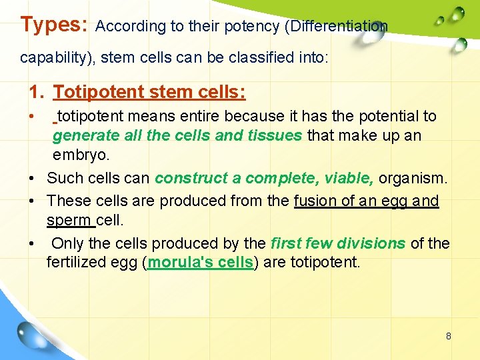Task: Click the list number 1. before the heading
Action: coord(37,91)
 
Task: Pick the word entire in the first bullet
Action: coord(201,116)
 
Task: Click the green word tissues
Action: coord(275,136)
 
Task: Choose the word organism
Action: coord(413,178)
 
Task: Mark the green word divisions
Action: coord(373,243)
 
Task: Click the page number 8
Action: coord(449,336)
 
